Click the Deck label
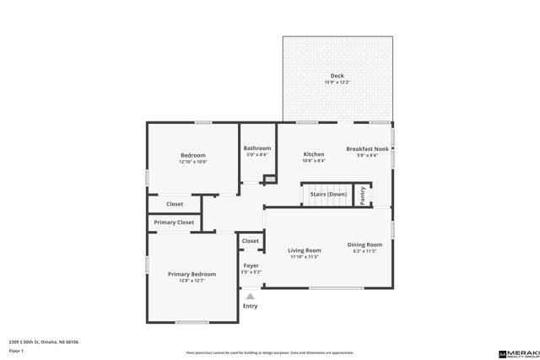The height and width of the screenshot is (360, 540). [337, 76]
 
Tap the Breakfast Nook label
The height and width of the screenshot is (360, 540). [367, 148]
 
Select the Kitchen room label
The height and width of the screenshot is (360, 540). [314, 154]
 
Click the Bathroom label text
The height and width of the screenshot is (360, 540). [257, 148]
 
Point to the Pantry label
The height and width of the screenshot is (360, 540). [363, 195]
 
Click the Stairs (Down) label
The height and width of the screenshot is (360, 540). [328, 194]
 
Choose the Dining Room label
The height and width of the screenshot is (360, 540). [365, 244]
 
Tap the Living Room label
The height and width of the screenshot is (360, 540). [305, 250]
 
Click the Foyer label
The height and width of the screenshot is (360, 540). [251, 266]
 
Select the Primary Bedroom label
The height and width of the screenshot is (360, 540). [192, 273]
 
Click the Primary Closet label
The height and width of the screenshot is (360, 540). [174, 223]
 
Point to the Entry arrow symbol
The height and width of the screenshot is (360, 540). [251, 296]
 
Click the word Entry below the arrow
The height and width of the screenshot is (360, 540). [251, 305]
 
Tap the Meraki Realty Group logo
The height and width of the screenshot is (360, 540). [516, 351]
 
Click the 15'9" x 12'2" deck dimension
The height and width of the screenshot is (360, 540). [337, 82]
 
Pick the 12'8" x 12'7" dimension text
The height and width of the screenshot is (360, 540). [192, 280]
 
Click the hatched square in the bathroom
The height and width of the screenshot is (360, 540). [269, 179]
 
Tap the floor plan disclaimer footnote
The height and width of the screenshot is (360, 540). [270, 352]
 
